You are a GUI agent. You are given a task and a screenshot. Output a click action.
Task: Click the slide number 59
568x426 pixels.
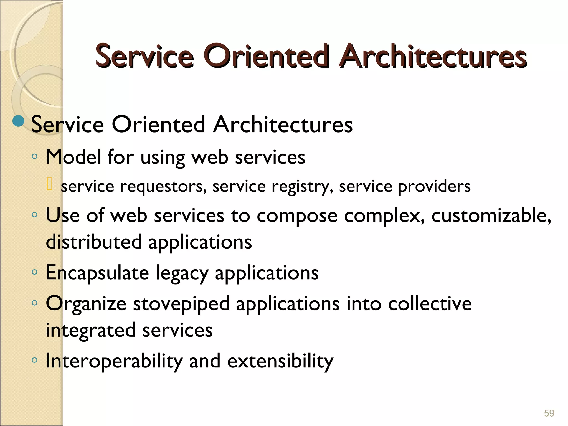coord(549,413)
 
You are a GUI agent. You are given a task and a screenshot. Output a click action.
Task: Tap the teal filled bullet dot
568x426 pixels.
coord(19,121)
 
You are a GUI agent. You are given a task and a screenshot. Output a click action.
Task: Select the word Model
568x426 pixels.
coord(73,157)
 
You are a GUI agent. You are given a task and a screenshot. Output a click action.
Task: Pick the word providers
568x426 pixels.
coord(434,186)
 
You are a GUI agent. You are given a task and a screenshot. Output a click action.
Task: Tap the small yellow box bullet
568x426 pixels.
coord(50,184)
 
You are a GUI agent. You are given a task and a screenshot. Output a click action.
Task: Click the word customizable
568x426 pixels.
coord(491,215)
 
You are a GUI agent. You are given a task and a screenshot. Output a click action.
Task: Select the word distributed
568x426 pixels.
coord(94,242)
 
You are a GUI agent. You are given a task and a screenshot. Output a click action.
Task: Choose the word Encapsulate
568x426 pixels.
coord(97,273)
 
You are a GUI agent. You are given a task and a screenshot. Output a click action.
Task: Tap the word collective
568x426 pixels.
coord(430,303)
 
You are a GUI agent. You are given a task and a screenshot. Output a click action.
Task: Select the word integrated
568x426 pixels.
coord(90,331)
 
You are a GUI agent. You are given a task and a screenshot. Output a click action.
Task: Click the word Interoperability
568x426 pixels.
coord(114,361)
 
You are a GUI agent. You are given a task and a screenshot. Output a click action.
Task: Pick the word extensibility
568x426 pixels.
coord(280,361)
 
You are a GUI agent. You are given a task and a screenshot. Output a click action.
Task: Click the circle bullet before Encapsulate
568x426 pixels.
coord(34,272)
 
